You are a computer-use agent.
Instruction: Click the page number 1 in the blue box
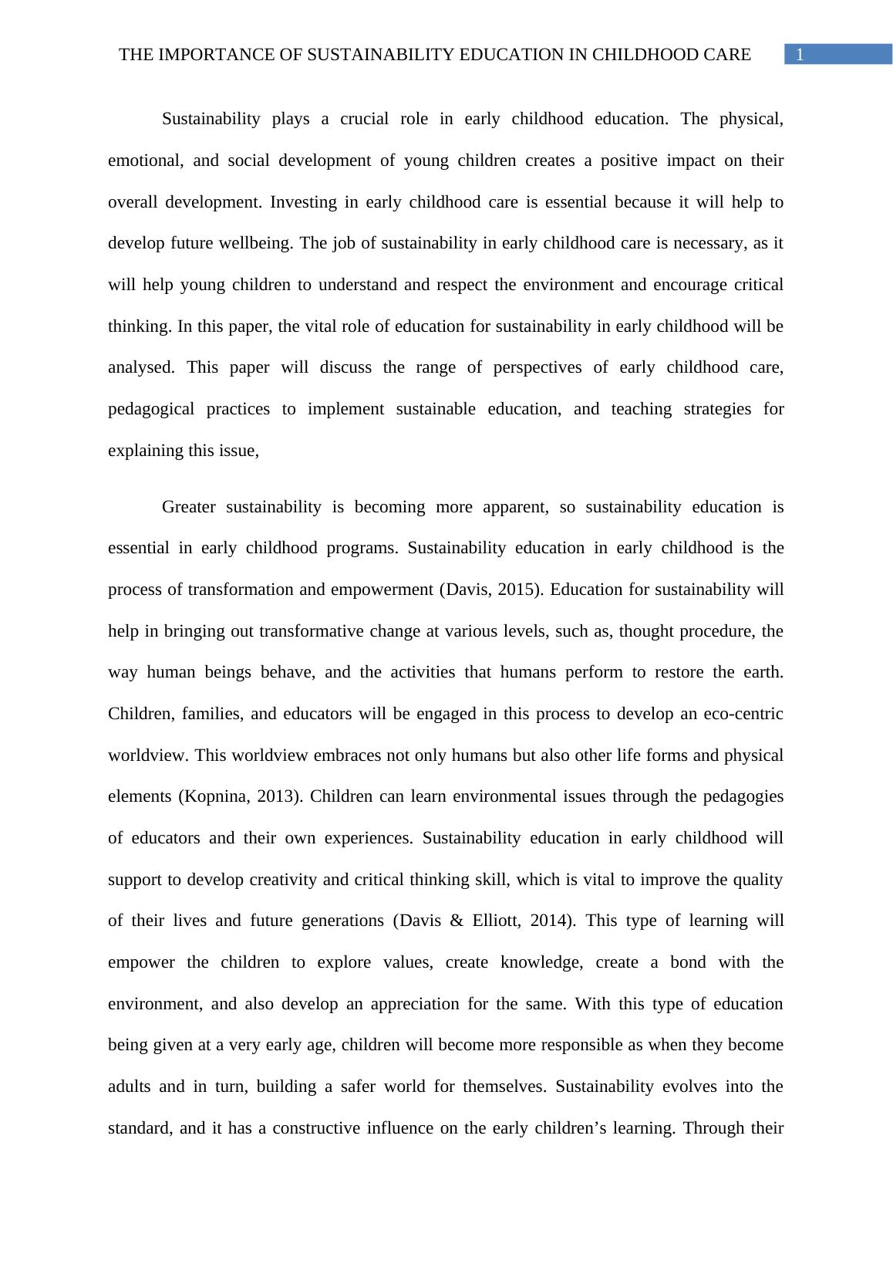point(800,55)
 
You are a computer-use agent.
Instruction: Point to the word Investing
point(304,202)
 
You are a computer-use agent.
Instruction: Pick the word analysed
point(140,367)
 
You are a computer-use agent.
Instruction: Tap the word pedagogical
point(151,409)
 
